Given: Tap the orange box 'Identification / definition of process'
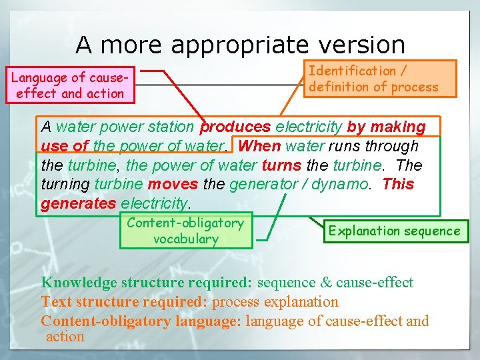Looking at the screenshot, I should (373, 79).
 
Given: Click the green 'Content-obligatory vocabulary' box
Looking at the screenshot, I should (185, 231).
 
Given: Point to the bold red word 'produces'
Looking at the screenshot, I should (235, 127).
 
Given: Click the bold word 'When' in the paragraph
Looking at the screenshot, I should (259, 146).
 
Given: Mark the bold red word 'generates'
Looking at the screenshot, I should (78, 203).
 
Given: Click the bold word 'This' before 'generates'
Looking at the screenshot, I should (398, 184).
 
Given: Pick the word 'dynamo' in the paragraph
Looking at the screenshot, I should (342, 184).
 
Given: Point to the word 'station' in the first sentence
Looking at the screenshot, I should (171, 127).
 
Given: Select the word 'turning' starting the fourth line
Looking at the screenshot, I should (65, 184).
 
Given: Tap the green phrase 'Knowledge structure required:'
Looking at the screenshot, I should (146, 283).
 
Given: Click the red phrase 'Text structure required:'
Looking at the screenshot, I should (124, 302).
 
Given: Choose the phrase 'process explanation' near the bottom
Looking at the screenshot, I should (275, 302).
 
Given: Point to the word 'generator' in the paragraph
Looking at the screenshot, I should (261, 184).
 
